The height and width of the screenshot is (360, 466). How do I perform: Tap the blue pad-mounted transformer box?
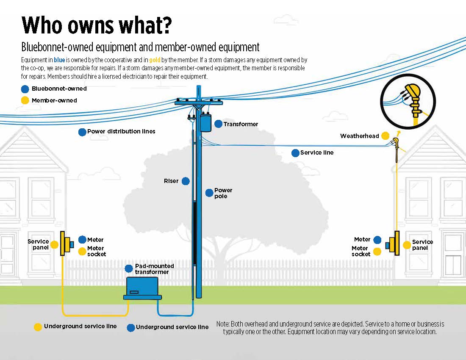142,288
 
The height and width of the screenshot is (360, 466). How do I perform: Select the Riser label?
171,181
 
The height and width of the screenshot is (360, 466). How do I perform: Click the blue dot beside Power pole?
209,193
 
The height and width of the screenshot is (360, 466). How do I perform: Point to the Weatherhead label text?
359,136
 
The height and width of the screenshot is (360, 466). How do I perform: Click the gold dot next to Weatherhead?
385,136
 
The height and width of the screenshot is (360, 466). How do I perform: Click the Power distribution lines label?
121,132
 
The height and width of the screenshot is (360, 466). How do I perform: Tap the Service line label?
316,153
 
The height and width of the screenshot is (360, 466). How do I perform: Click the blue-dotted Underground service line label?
172,327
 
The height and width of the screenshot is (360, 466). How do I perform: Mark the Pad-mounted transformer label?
154,269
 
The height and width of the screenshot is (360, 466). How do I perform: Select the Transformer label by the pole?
241,124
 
